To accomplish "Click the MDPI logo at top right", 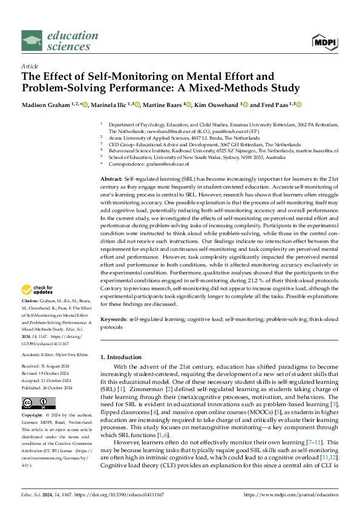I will [325, 41].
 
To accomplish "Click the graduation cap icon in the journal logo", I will [32, 41].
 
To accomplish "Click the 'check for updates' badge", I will [38, 290].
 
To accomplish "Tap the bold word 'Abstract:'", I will [111, 181].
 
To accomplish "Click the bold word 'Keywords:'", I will [113, 319].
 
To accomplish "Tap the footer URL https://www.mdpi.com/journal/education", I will [290, 494].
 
